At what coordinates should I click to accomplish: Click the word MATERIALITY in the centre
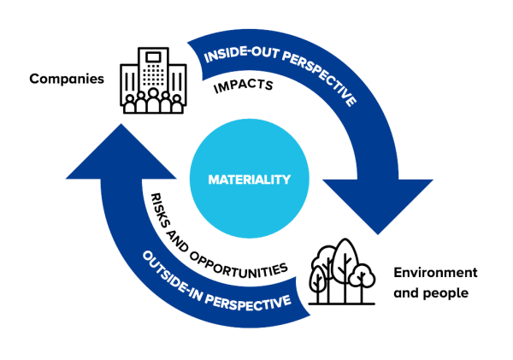[250, 180]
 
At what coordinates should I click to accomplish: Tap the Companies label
[67, 79]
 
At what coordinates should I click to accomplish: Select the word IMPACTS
[243, 86]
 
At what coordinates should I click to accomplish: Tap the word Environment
[435, 272]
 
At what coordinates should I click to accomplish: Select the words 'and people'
[431, 292]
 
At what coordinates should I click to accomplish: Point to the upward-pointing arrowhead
[121, 152]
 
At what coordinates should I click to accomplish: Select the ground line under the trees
[341, 304]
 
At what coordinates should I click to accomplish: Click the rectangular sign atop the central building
[153, 57]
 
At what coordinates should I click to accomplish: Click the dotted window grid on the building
[153, 74]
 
